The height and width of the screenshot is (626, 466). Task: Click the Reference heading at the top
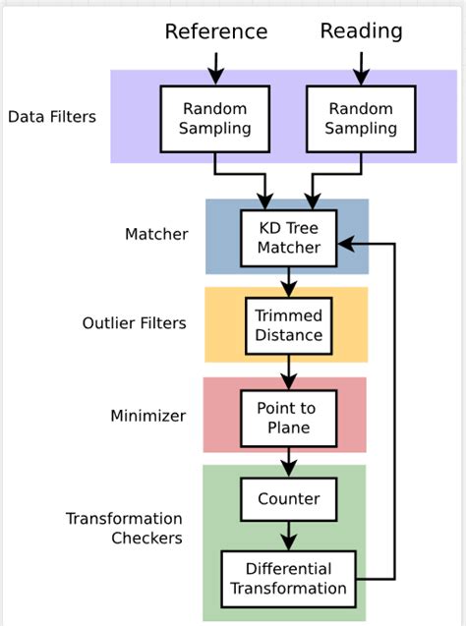point(215,31)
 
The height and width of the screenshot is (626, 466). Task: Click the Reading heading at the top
point(361,30)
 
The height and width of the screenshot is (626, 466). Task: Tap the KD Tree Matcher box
point(289,238)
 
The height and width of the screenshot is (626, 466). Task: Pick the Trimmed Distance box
point(288,325)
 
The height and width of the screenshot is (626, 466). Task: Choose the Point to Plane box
point(289,417)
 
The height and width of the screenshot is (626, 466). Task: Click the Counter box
point(289,498)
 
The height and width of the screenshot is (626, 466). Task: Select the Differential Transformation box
point(289,578)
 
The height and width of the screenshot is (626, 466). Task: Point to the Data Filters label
point(52,117)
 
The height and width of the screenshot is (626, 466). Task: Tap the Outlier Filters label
point(134,322)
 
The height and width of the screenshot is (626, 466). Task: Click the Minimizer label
point(147,416)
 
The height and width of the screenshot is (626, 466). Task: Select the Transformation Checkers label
point(124,528)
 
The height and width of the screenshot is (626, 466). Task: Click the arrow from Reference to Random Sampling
point(215,67)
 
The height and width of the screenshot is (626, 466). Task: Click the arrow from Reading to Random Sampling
point(361,67)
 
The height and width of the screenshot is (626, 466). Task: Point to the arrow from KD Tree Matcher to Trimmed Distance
point(289,282)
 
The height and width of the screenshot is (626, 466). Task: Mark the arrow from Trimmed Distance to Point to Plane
point(289,372)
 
